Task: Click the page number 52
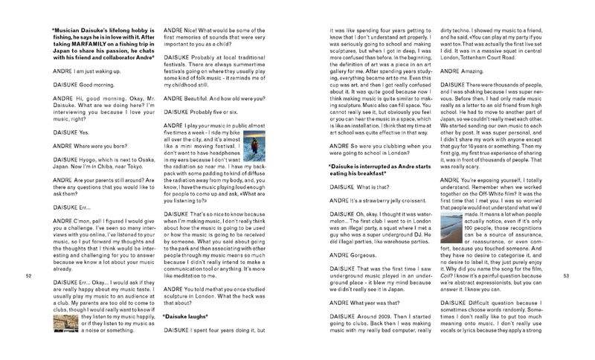pos(28,276)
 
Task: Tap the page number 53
pos(566,276)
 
